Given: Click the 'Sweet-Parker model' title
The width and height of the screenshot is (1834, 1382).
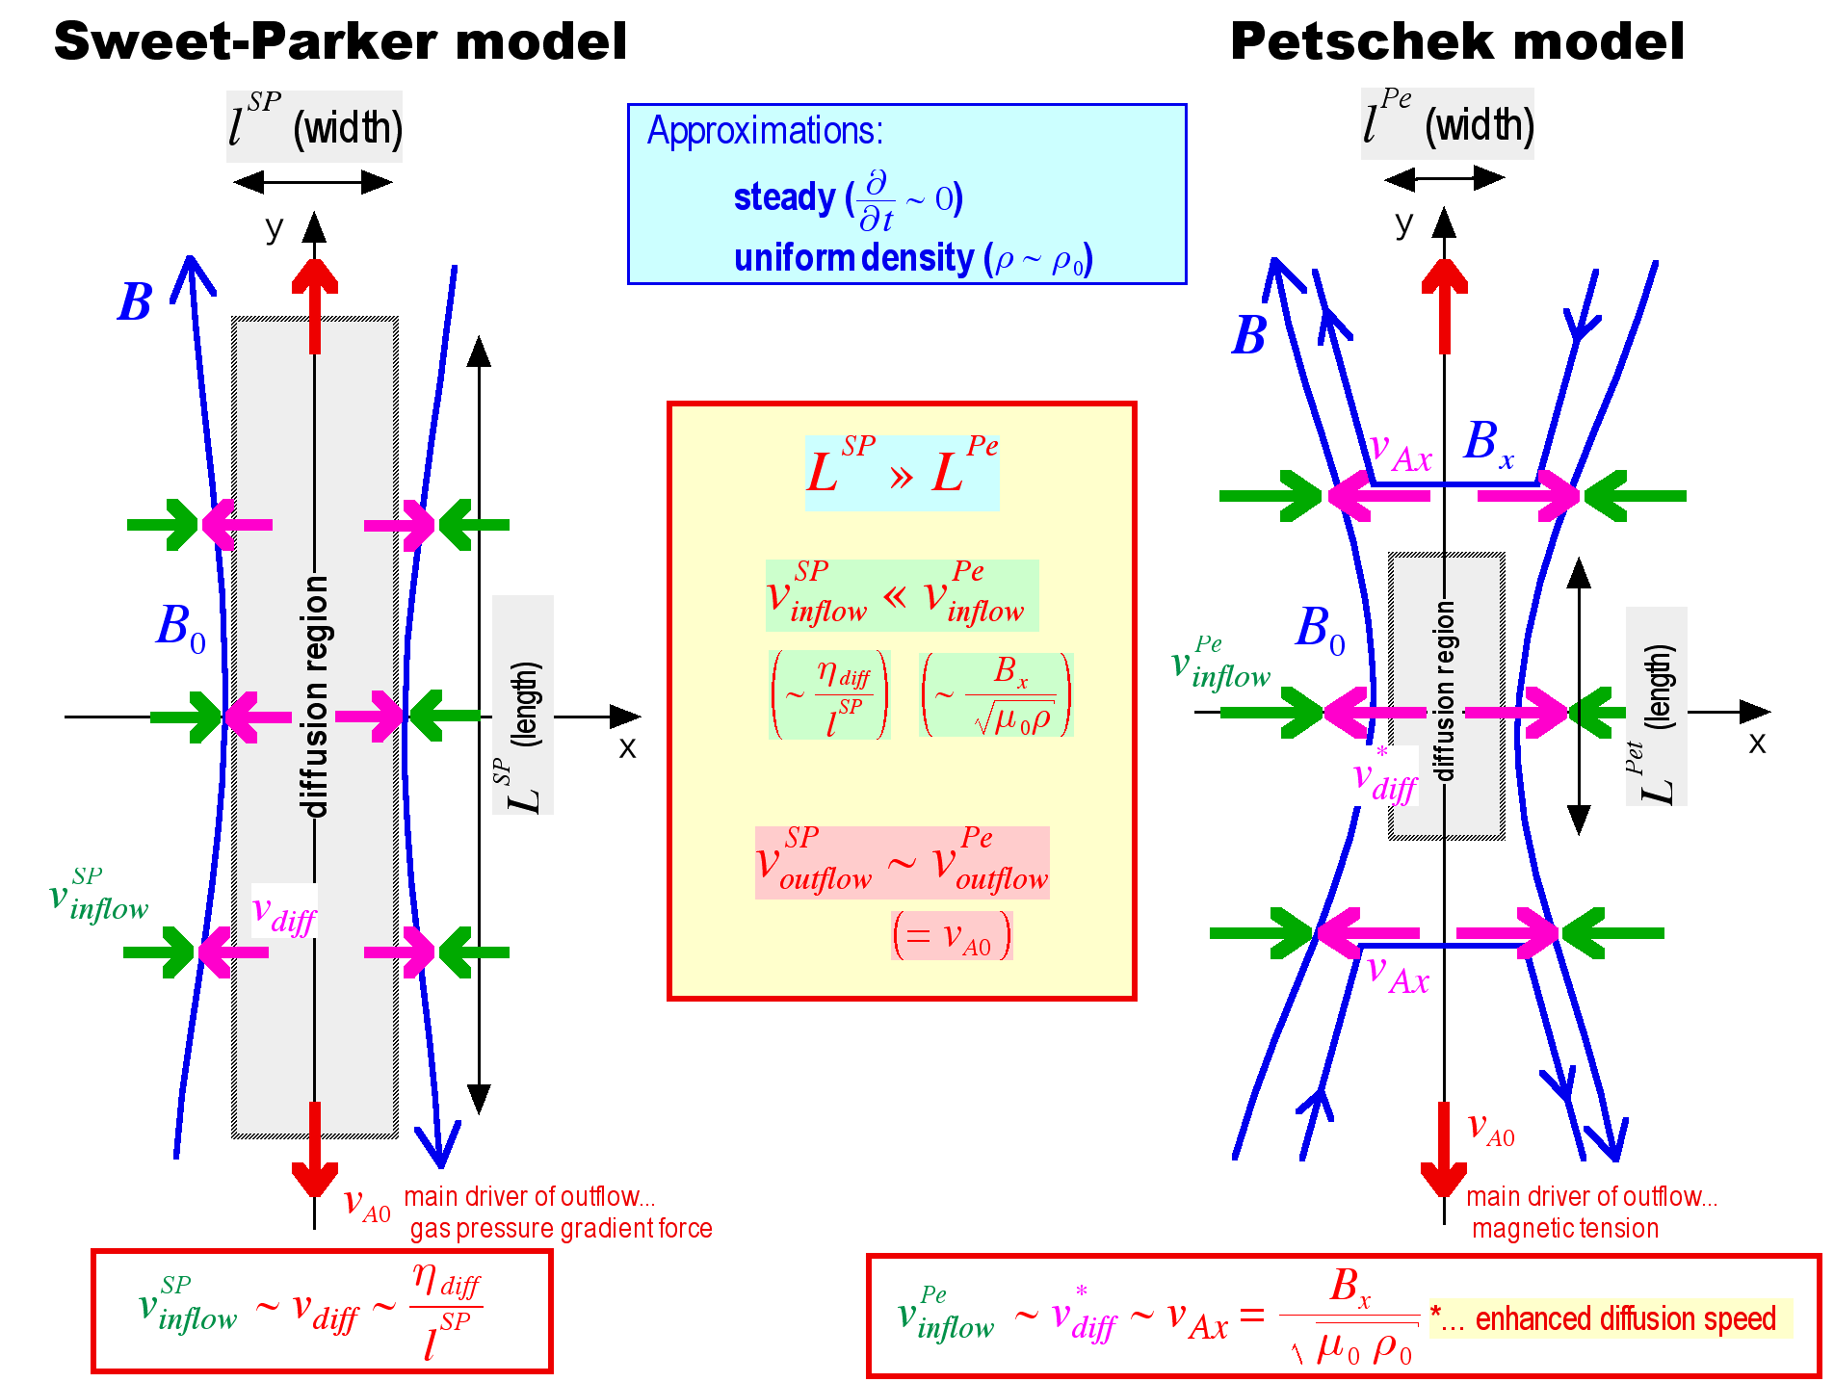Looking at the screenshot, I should coord(340,42).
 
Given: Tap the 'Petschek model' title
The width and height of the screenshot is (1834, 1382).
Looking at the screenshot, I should coord(1456,42).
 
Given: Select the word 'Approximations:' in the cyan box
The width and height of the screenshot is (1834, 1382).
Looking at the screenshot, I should coord(765,131).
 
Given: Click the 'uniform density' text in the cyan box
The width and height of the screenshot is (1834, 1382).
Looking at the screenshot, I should coord(853,258).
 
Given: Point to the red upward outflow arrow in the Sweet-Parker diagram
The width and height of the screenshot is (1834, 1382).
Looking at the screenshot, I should coord(315,303).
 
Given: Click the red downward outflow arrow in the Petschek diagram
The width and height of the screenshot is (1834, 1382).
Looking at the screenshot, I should coord(1444,1151).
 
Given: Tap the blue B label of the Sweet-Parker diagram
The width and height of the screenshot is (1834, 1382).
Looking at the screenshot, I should coord(135,302).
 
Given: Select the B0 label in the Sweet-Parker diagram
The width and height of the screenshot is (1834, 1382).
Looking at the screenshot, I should coord(181,627).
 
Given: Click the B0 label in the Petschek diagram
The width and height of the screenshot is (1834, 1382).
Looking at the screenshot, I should coord(1321,629).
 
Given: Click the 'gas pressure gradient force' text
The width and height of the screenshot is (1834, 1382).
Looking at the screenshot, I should coord(561,1229).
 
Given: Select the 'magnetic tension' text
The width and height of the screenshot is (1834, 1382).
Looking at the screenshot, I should coord(1565,1229).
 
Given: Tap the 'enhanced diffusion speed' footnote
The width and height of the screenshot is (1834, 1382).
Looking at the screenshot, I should coord(1609,1318).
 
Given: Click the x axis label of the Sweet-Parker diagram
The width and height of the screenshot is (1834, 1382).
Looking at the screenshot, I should coord(627,747).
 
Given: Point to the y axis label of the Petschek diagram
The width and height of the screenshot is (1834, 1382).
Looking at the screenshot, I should coord(1404,224).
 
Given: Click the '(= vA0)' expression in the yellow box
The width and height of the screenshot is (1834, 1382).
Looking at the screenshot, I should coord(952,936).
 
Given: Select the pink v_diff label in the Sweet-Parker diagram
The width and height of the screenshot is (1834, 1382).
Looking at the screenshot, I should coord(283,912).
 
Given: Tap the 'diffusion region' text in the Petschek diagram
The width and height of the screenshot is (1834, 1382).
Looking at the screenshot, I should coord(1444,691).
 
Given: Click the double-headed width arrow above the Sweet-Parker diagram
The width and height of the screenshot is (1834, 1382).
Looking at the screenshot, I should coord(313,182).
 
